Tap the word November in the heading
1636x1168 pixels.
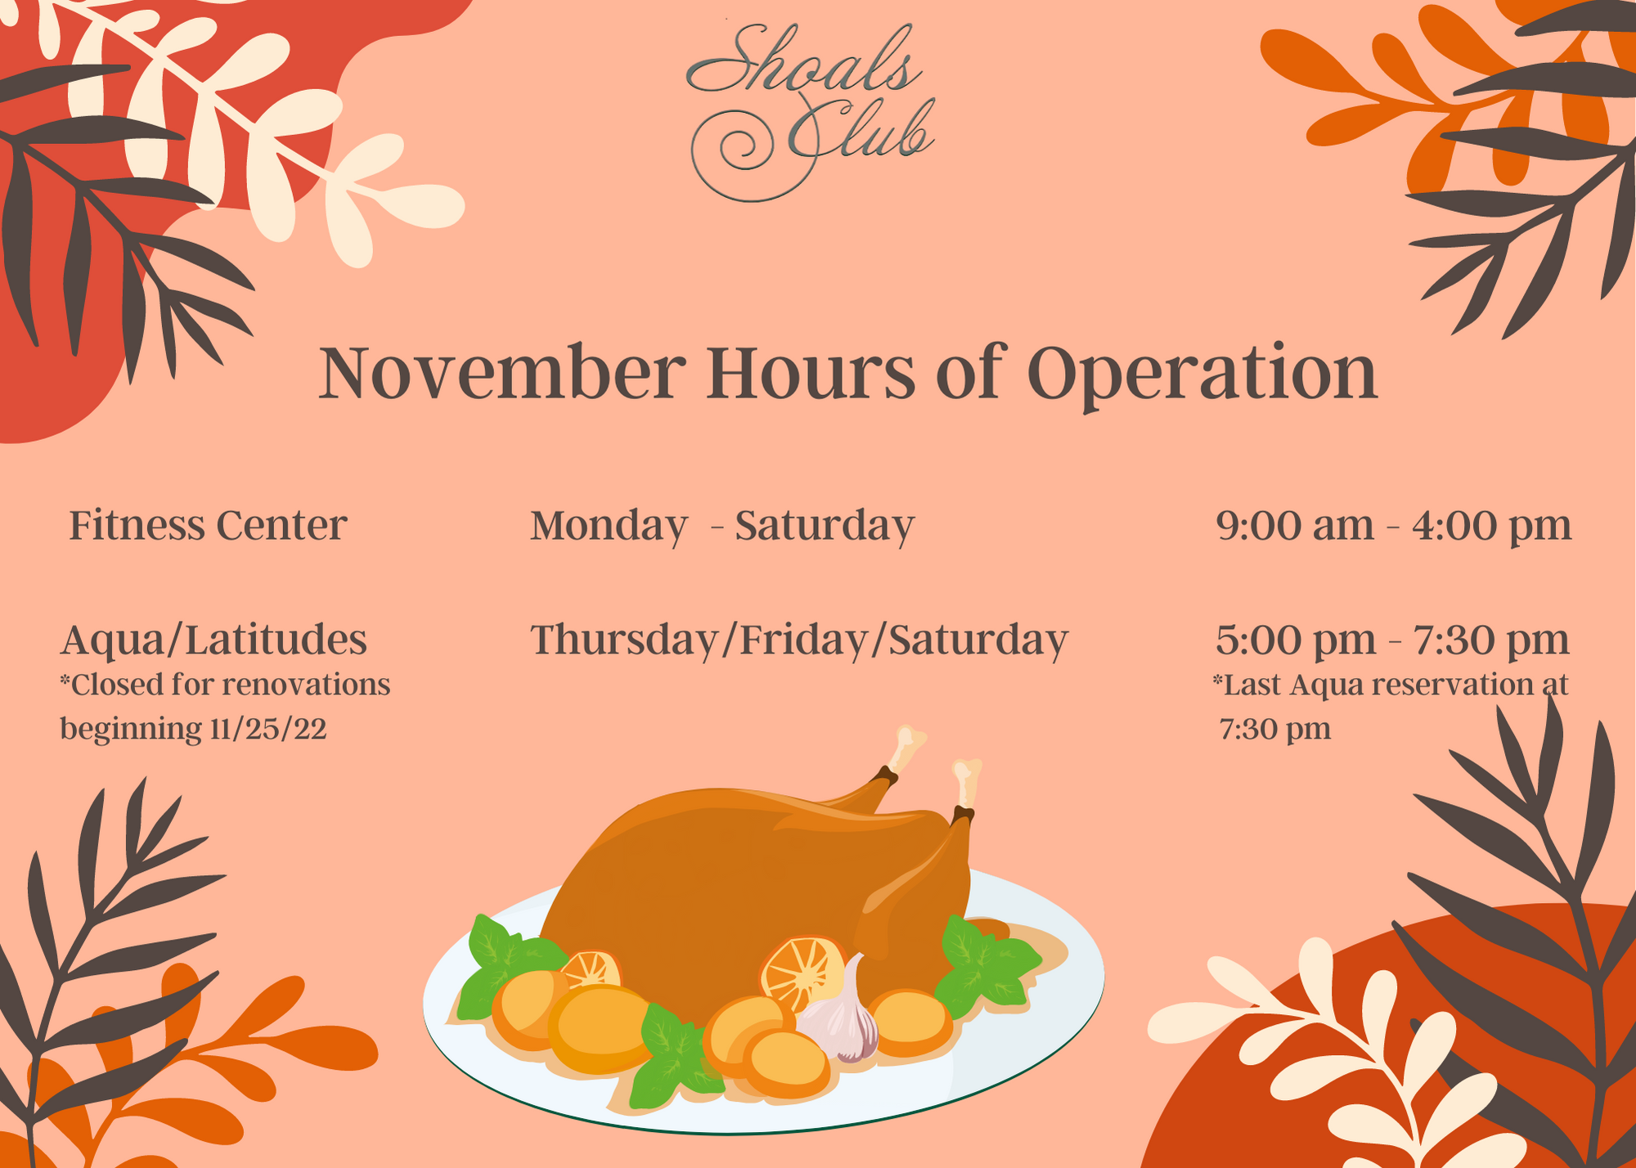501,372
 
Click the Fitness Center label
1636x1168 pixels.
208,525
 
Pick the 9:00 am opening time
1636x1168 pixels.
1294,525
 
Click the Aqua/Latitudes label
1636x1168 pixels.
213,640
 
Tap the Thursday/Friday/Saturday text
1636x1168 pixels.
799,640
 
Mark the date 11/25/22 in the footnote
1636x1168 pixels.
268,728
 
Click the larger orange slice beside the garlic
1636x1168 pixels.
802,973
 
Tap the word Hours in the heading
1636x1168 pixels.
811,372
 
